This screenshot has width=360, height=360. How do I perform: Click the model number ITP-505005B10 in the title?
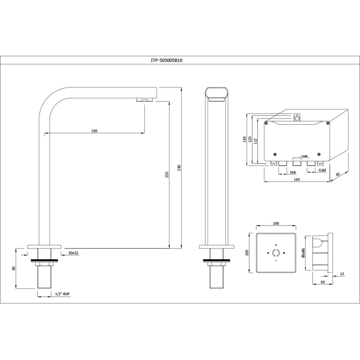pyautogui.click(x=166, y=61)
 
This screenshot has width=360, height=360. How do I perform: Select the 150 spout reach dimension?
pyautogui.click(x=94, y=131)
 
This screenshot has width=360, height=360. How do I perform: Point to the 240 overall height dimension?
pyautogui.click(x=179, y=168)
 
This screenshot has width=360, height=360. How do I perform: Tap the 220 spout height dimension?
pyautogui.click(x=167, y=175)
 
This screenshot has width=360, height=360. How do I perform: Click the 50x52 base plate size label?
pyautogui.click(x=73, y=253)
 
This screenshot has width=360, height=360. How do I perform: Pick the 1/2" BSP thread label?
pyautogui.click(x=62, y=294)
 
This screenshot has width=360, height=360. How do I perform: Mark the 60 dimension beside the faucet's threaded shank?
pyautogui.click(x=13, y=268)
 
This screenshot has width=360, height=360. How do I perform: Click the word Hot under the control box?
pyautogui.click(x=293, y=172)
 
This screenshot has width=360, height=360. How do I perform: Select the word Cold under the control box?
pyautogui.click(x=322, y=170)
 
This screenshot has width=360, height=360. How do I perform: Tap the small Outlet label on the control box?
pyautogui.click(x=305, y=156)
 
